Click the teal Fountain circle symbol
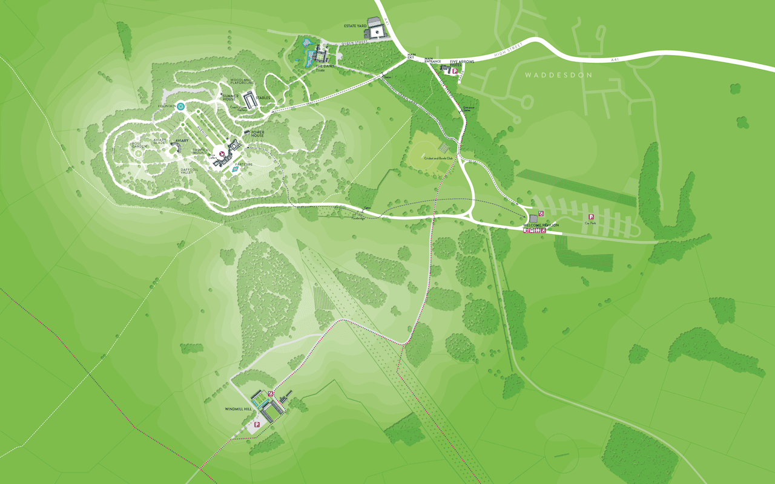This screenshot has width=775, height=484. (x=180, y=106)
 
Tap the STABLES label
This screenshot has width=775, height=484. (x=263, y=97)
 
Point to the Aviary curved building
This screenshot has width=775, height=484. (x=174, y=147)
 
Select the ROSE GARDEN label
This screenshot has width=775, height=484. (x=139, y=145)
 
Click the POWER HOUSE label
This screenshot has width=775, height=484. (x=254, y=134)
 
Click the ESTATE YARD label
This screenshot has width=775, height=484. (x=354, y=25)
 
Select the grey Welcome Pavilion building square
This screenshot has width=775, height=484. (x=533, y=218)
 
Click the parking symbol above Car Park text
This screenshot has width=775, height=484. (x=591, y=217)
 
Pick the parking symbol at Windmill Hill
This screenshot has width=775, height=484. (x=257, y=425)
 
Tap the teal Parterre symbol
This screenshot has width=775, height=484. (x=235, y=170)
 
